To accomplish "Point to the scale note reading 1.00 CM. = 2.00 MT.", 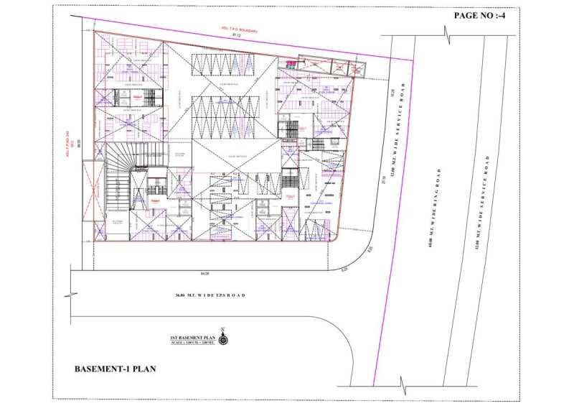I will tap(193, 342).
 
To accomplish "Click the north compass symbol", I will tap(224, 337).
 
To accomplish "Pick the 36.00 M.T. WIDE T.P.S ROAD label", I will tap(209, 295).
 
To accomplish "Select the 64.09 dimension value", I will tap(206, 273).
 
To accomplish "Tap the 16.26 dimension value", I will tap(393, 93).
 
